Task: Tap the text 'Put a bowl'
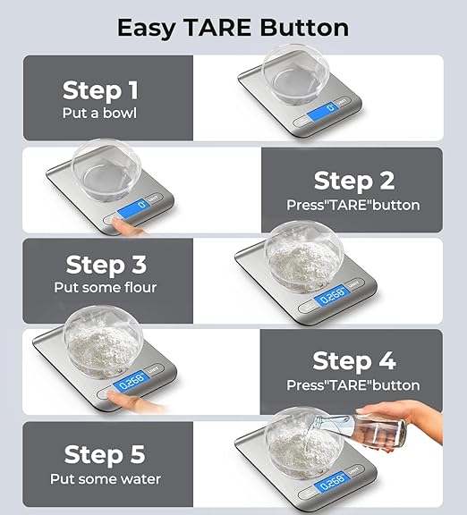(x=99, y=113)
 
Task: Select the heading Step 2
(x=353, y=181)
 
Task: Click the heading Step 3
(x=106, y=265)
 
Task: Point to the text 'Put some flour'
(x=106, y=288)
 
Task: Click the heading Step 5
(x=106, y=455)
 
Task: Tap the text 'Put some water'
(x=106, y=478)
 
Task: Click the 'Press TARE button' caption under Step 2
(x=352, y=205)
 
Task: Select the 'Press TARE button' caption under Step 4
(x=352, y=385)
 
